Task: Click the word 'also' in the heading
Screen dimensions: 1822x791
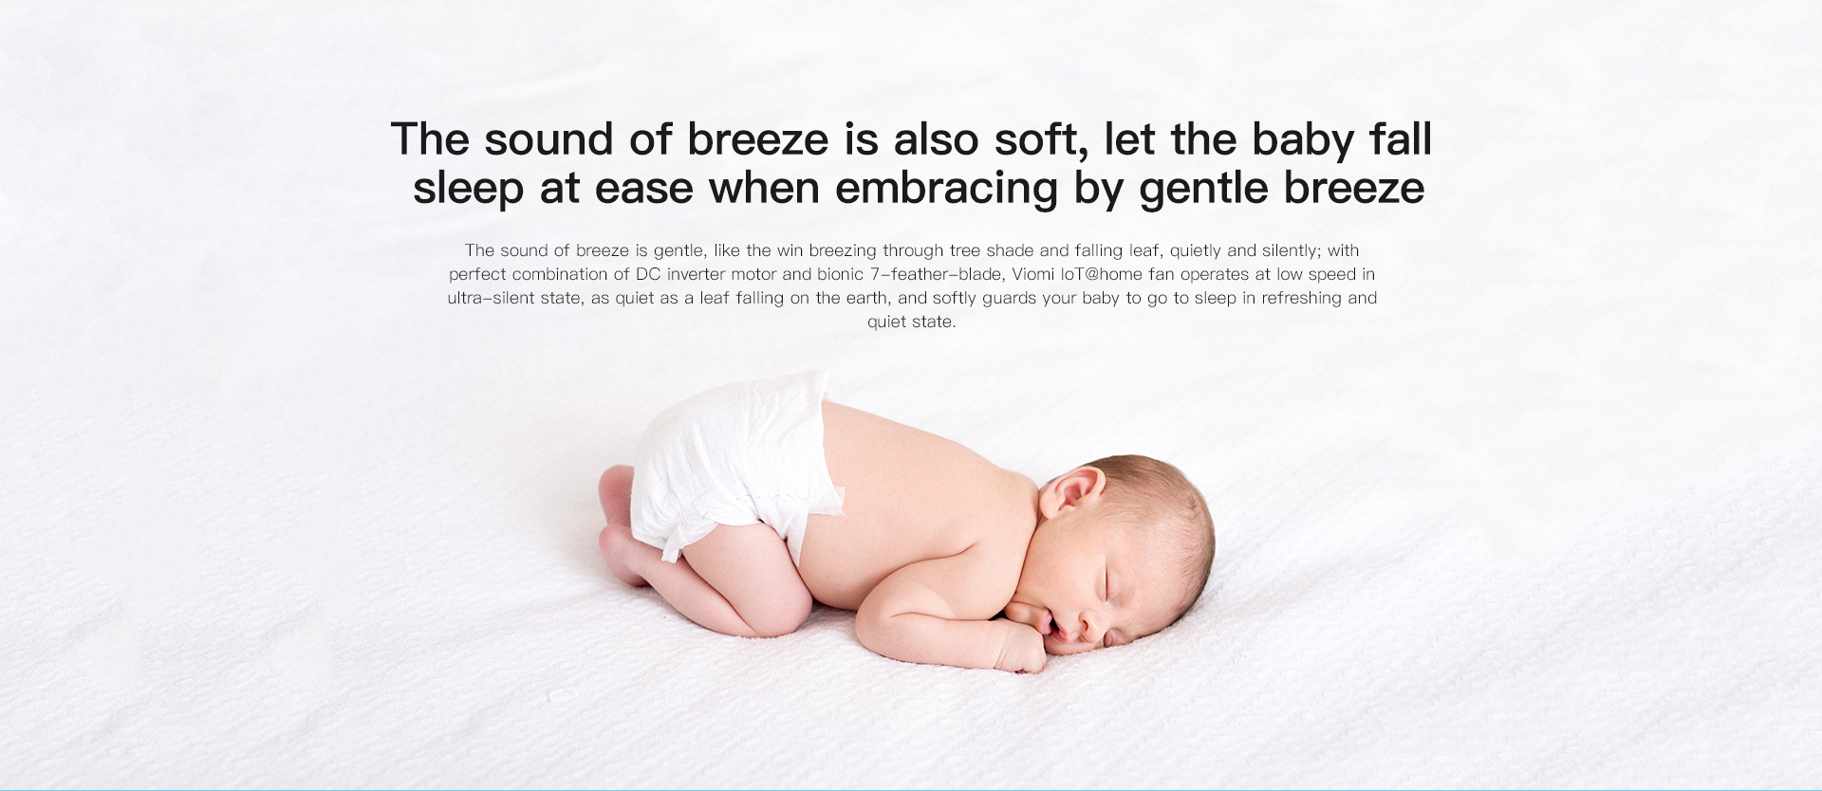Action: pyautogui.click(x=937, y=140)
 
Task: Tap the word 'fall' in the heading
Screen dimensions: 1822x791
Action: pyautogui.click(x=1400, y=139)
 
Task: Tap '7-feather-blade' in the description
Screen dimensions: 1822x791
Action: pyautogui.click(x=936, y=274)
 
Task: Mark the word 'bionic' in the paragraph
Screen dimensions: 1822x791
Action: pyautogui.click(x=840, y=274)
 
